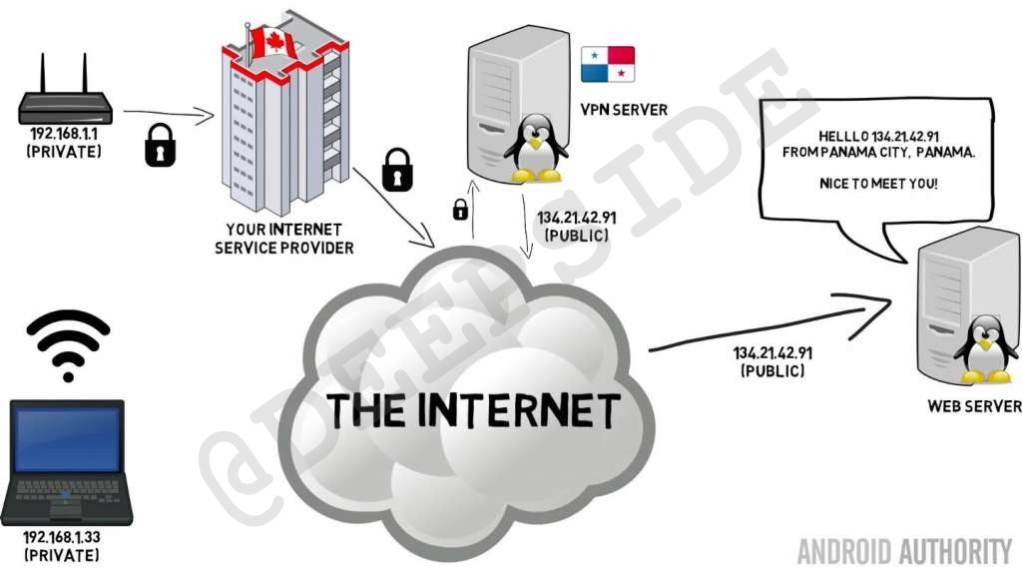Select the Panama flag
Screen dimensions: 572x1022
pos(608,63)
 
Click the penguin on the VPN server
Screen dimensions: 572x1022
pos(535,148)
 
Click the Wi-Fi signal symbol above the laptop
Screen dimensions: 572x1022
pos(67,344)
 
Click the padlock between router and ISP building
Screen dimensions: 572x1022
pos(160,144)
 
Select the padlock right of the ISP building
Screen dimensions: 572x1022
pos(397,168)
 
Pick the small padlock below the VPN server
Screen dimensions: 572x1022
pos(460,209)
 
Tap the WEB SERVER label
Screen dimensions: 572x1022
pos(974,405)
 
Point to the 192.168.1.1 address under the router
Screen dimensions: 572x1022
pos(62,133)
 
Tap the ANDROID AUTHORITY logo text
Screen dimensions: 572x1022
pos(904,550)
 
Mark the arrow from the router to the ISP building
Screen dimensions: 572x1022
pos(168,116)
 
